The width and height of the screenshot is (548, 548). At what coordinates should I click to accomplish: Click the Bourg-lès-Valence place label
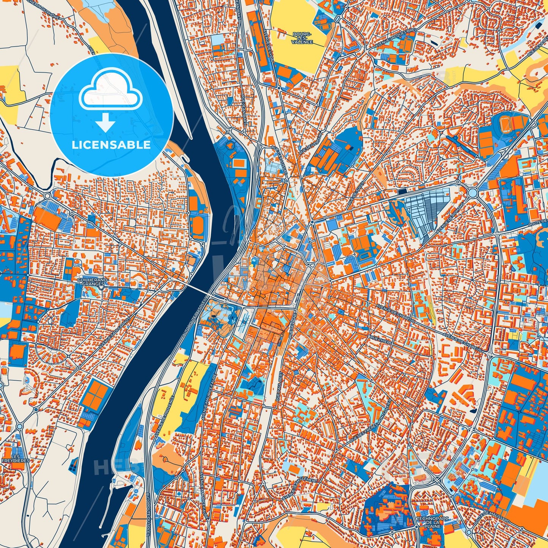tap(302, 38)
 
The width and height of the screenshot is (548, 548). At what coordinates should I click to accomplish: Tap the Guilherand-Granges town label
tap(93, 281)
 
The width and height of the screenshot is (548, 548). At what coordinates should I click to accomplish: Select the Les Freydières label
tap(16, 458)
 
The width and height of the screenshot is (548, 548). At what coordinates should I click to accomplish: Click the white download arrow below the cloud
tap(106, 122)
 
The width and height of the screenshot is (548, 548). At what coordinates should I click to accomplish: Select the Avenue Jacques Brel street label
tap(394, 38)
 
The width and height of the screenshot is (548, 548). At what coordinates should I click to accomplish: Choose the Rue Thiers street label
tap(381, 339)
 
